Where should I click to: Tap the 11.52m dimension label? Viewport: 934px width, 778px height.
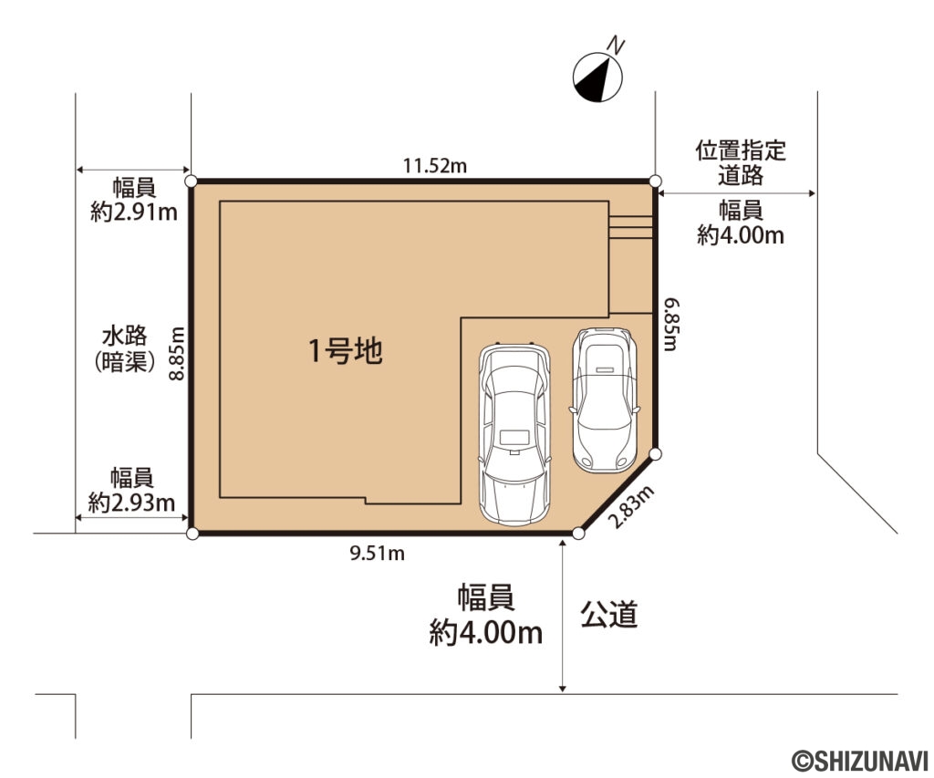[x=435, y=166]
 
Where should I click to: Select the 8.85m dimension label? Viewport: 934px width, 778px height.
[x=176, y=354]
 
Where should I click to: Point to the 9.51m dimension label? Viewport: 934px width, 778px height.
[x=377, y=554]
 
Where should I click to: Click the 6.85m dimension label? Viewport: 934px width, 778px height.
[x=671, y=325]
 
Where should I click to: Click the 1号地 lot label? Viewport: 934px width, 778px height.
[x=345, y=350]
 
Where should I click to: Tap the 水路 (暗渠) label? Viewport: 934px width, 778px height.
[x=124, y=349]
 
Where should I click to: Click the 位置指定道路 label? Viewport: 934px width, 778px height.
[x=741, y=163]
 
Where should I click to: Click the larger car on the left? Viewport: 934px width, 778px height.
[x=514, y=433]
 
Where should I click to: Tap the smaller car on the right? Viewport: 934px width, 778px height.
[x=605, y=399]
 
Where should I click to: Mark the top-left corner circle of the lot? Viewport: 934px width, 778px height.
[x=192, y=182]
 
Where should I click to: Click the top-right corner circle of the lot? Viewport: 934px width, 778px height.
[x=655, y=182]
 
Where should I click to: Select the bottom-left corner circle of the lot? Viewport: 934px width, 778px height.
[x=192, y=534]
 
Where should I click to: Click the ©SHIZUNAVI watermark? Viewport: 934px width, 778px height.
[x=859, y=761]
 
